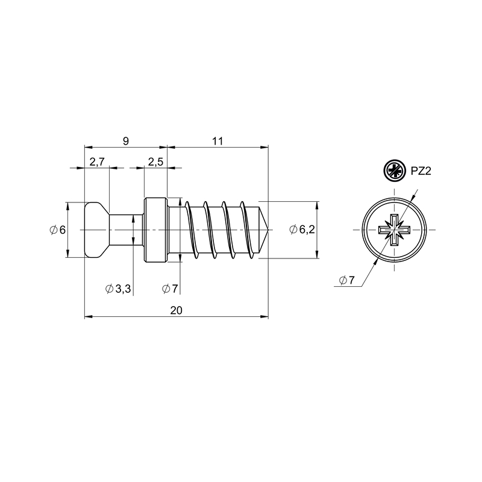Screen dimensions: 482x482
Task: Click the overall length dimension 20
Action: tap(177, 310)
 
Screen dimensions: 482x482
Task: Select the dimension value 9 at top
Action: tap(126, 141)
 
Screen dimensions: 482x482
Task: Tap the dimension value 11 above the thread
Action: tap(218, 141)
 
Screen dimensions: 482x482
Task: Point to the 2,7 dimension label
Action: tap(97, 161)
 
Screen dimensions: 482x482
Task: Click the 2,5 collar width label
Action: tap(156, 161)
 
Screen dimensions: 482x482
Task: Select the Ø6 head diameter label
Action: tap(58, 230)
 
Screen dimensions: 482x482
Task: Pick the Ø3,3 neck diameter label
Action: tap(118, 289)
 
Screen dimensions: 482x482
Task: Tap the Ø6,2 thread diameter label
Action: tap(302, 230)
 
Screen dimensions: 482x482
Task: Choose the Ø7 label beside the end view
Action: tap(347, 280)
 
